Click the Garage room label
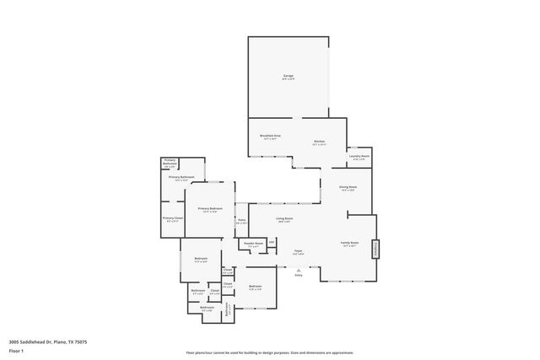288,77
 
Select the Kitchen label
319,142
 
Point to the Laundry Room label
359,156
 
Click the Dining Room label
348,187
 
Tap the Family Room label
349,243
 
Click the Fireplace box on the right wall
376,249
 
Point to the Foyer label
298,250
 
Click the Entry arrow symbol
298,269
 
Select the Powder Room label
253,244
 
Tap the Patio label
241,220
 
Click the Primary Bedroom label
210,208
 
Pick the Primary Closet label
172,218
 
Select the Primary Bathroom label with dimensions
181,177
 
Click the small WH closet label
272,242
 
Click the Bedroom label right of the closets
255,287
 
